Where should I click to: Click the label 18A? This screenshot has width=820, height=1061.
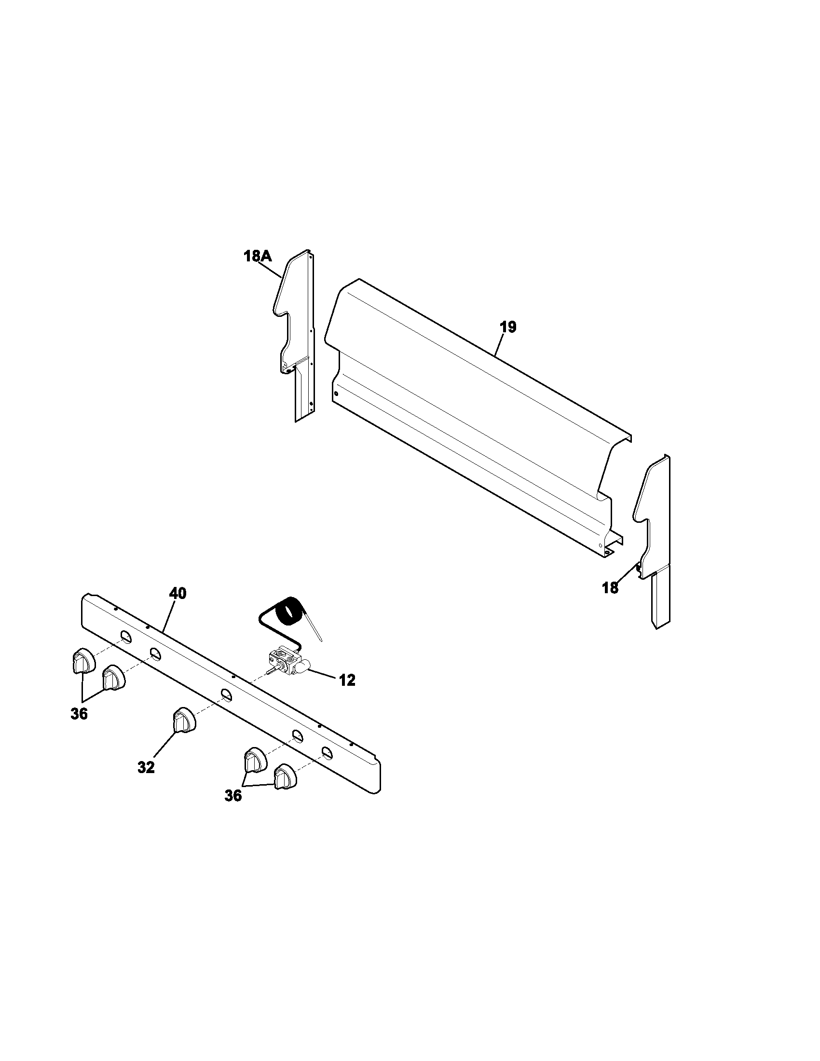[x=258, y=256]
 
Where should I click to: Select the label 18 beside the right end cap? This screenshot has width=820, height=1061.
[x=610, y=587]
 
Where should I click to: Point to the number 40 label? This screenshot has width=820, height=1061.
[x=178, y=593]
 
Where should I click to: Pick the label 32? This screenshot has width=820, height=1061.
[x=146, y=768]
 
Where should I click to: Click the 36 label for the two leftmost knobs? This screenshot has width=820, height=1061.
[x=79, y=714]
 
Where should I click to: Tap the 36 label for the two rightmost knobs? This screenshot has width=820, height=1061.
[x=233, y=796]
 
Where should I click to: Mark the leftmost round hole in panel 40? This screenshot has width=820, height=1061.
[x=126, y=636]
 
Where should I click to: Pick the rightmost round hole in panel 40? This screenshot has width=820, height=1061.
[x=327, y=752]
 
